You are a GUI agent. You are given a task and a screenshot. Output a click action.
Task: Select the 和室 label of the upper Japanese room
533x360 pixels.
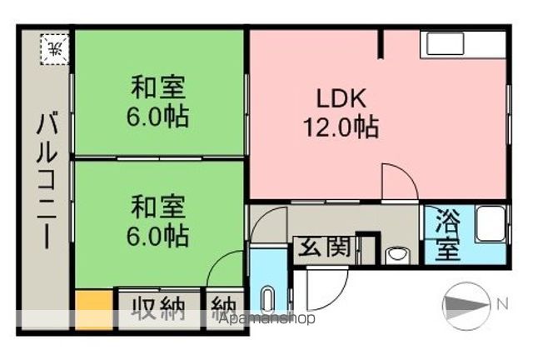pyautogui.click(x=158, y=87)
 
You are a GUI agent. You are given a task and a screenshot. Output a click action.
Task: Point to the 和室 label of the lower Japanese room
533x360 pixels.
pyautogui.click(x=158, y=205)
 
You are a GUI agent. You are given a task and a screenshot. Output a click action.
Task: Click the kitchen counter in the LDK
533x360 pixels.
pyautogui.click(x=463, y=45)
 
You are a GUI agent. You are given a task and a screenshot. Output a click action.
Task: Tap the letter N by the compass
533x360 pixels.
pyautogui.click(x=501, y=304)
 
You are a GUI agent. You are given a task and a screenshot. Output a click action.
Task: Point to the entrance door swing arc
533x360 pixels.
pyautogui.click(x=321, y=287)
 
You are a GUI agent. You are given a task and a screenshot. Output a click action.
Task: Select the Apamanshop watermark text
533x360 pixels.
pyautogui.click(x=268, y=318)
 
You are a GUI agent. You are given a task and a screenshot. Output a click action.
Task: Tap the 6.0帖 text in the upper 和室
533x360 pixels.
pyautogui.click(x=158, y=116)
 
